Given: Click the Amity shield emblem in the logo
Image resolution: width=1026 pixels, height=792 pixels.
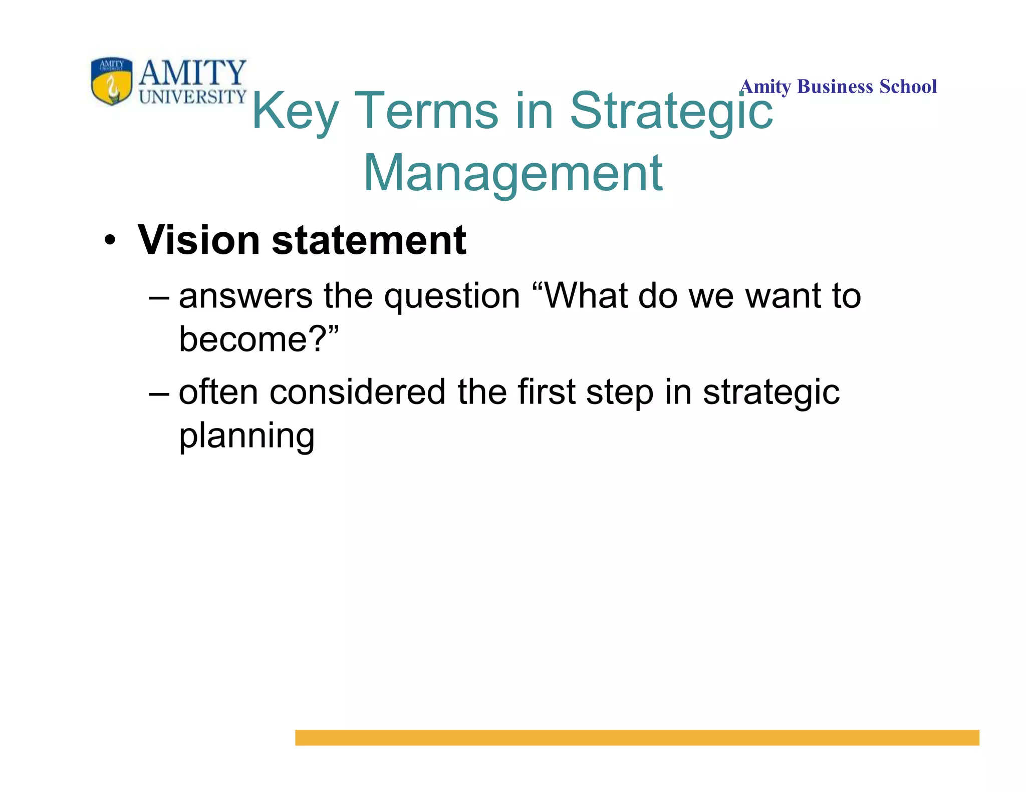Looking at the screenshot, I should pyautogui.click(x=112, y=81).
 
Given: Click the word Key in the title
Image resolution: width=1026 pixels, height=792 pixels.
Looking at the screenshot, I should pyautogui.click(x=295, y=112).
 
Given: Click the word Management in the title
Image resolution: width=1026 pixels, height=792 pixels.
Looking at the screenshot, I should pyautogui.click(x=513, y=173).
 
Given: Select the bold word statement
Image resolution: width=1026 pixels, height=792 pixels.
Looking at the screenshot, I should pyautogui.click(x=369, y=241).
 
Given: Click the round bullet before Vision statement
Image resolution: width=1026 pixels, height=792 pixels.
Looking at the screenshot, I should pyautogui.click(x=110, y=241).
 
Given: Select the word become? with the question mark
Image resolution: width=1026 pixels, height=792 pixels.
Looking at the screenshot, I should pyautogui.click(x=253, y=339).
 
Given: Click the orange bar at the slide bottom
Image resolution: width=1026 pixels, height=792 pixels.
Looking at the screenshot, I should pyautogui.click(x=637, y=737).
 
